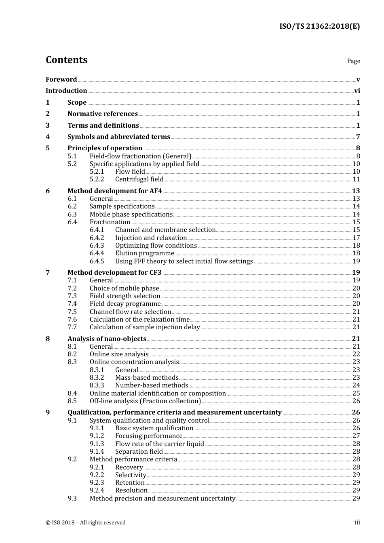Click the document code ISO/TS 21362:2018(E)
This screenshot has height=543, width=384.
(x=319, y=27)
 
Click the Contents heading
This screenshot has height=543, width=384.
(x=66, y=60)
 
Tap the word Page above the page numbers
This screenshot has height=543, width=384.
(x=353, y=61)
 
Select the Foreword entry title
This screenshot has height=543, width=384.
(x=61, y=80)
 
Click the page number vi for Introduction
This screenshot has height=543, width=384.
(x=357, y=91)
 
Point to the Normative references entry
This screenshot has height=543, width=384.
(x=103, y=114)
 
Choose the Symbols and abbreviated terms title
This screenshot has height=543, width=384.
(x=118, y=137)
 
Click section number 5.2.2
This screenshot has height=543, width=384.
(x=97, y=179)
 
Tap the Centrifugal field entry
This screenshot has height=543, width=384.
(x=139, y=179)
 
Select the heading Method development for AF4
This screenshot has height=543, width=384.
(x=115, y=191)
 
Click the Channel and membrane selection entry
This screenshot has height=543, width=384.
(x=165, y=230)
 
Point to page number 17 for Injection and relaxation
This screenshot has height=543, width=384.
(x=356, y=238)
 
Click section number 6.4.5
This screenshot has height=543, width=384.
(x=97, y=261)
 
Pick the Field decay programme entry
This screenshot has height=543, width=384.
(x=125, y=304)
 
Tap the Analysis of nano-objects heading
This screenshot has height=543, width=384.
(x=107, y=339)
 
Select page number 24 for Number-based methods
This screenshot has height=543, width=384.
(x=356, y=385)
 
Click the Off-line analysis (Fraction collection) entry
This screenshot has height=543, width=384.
(x=145, y=401)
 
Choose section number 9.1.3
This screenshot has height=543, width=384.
(x=97, y=444)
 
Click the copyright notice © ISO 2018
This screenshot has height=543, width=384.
(x=86, y=523)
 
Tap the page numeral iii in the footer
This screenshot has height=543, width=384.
(x=357, y=522)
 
